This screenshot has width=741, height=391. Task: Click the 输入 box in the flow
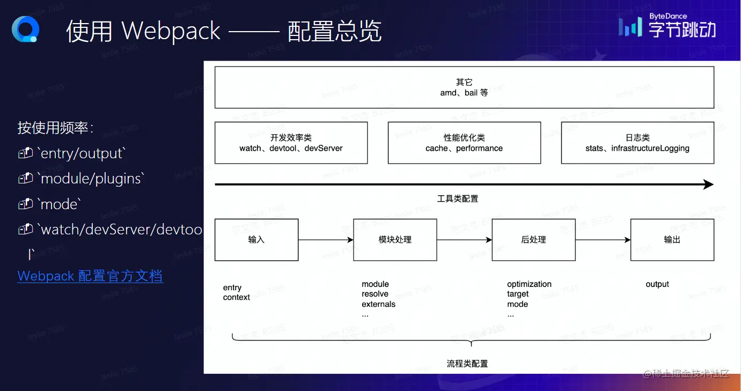pos(256,240)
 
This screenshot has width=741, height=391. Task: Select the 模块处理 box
pos(395,240)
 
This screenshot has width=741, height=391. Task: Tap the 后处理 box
pos(533,240)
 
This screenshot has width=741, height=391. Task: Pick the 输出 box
pos(672,240)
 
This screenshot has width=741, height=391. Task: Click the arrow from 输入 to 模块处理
pos(326,240)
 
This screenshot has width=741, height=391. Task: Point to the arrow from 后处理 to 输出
pos(603,240)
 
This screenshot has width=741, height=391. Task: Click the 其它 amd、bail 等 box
pos(464,87)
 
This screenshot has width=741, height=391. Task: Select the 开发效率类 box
pos(291,143)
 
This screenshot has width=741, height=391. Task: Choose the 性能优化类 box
pos(464,143)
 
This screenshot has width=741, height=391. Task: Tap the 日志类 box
pos(637,143)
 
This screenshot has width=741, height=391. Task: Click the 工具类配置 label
pos(457,199)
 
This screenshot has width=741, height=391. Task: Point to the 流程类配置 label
pos(467,364)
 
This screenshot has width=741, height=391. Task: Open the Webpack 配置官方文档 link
pos(90,276)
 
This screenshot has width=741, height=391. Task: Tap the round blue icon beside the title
pos(25,29)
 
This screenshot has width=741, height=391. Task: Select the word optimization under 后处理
pos(529,284)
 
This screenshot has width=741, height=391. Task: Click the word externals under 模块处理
pos(378,304)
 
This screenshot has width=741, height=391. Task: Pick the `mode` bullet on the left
pos(59,204)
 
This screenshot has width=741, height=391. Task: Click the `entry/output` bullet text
pos(81,153)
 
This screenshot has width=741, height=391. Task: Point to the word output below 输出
pos(657,284)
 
